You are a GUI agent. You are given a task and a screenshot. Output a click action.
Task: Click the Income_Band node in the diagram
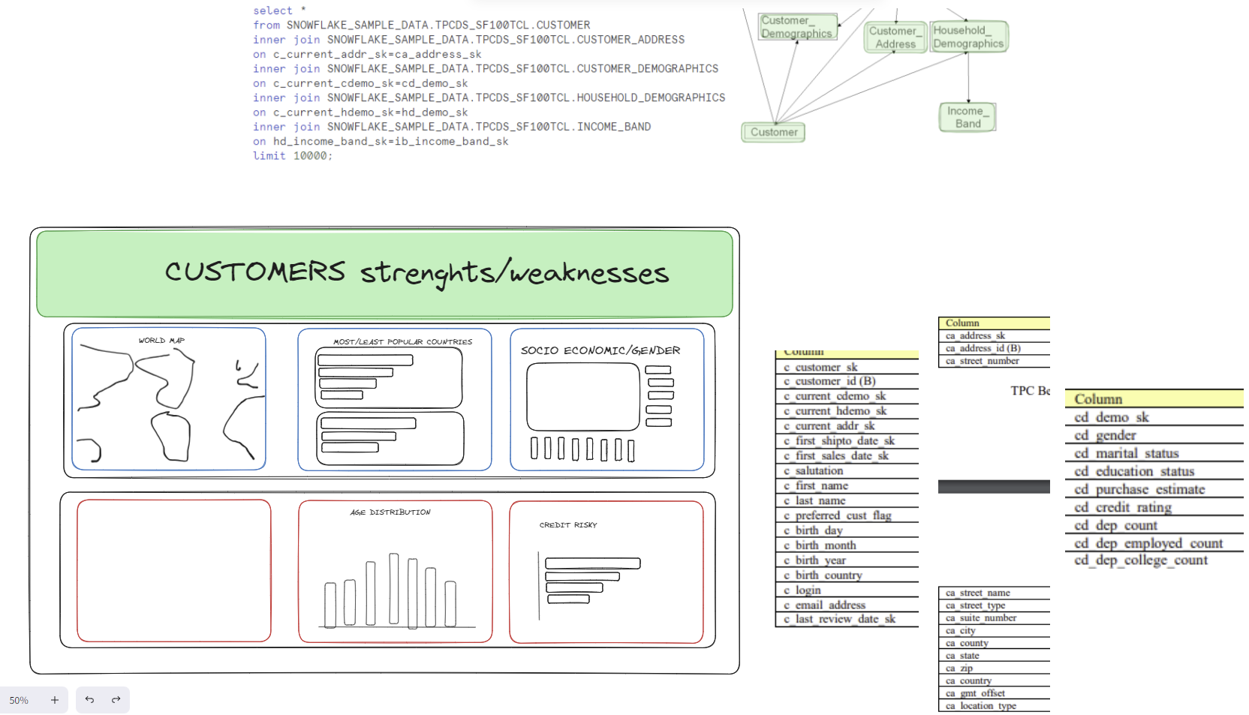[x=967, y=117]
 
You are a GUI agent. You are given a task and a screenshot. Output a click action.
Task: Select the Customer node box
[x=773, y=132]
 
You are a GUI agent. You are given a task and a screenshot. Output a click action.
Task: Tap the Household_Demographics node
[x=968, y=37]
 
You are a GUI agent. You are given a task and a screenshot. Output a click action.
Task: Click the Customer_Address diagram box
[x=895, y=37]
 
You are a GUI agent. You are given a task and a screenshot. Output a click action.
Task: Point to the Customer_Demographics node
[x=797, y=27]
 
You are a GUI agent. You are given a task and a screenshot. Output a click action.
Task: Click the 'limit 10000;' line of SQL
[x=292, y=156]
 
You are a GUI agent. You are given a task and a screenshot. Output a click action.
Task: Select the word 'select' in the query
[x=272, y=11]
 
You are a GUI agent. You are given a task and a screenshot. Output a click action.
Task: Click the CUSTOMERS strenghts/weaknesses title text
[x=417, y=272]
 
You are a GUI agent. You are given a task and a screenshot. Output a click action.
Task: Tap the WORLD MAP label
[x=161, y=341]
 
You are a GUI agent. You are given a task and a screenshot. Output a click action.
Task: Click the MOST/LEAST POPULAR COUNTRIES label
[x=402, y=342]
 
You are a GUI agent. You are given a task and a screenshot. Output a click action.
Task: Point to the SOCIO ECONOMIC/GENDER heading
[x=600, y=350]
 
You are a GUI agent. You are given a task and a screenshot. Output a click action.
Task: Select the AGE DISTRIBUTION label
[x=390, y=512]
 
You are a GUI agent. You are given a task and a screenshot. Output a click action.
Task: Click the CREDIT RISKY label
[x=568, y=525]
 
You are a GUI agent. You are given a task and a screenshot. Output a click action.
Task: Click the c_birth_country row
[x=829, y=575]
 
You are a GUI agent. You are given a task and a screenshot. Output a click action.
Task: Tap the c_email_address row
[x=830, y=605]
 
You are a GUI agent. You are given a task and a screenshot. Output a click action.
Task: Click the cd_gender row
[x=1105, y=436]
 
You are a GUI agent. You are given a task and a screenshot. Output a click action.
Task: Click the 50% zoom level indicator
[x=19, y=700]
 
